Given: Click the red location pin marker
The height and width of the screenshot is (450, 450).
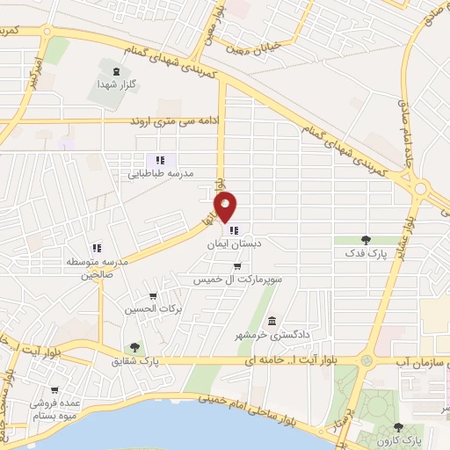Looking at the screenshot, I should [x=227, y=207].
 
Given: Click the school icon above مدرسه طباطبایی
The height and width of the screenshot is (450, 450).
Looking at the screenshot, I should [x=159, y=160].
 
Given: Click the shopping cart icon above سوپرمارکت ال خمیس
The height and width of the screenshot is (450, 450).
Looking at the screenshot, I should [x=237, y=265].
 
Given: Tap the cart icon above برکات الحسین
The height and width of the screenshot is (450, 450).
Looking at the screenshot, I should [x=154, y=296].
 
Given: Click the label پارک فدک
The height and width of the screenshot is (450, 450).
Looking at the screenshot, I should [x=365, y=253].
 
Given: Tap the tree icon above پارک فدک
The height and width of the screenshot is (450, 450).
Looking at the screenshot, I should [x=366, y=239].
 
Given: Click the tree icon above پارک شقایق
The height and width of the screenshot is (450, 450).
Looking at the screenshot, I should [x=134, y=347].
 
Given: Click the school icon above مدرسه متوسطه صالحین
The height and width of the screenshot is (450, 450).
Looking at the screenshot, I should [x=96, y=248].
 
